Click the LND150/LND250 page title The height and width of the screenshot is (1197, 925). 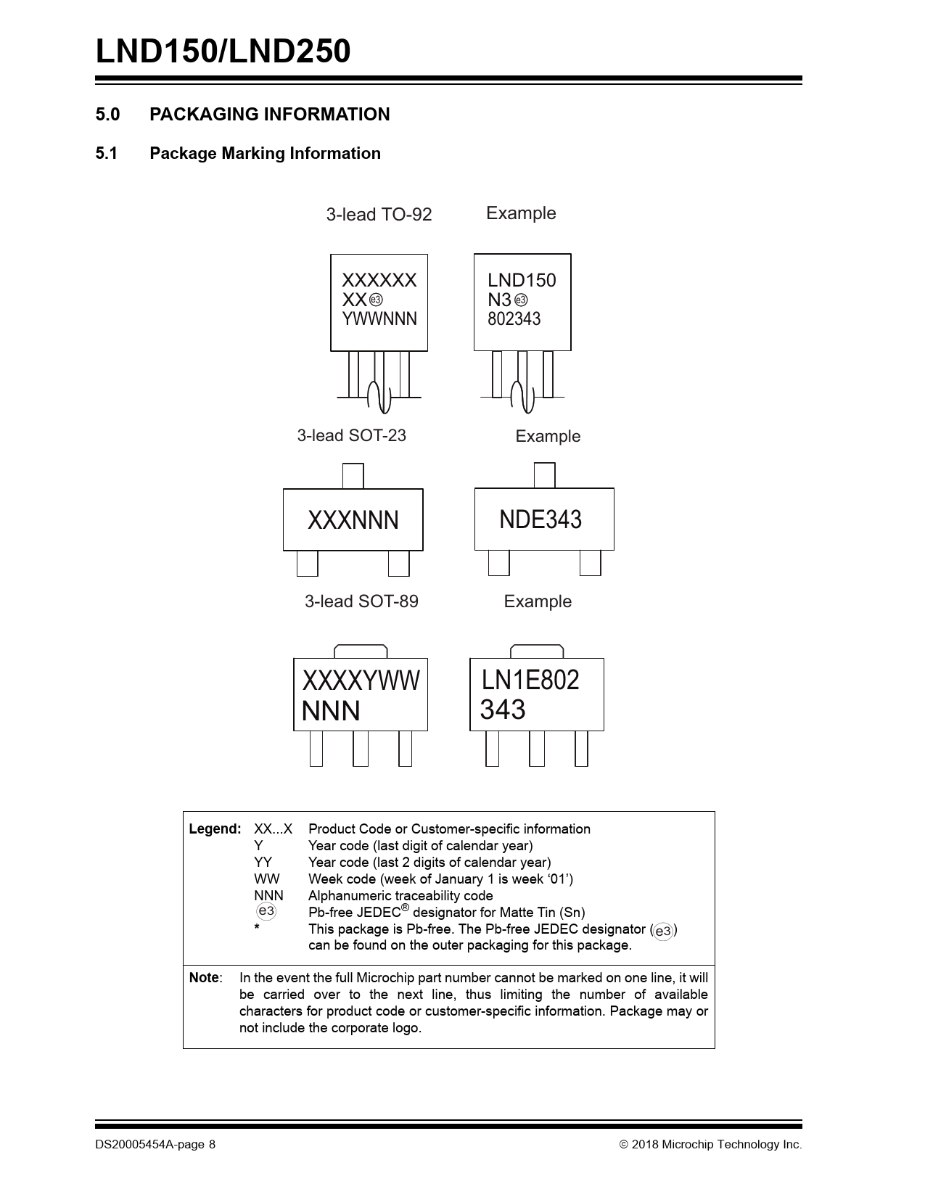click(x=223, y=52)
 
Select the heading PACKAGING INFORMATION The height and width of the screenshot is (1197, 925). click(x=269, y=115)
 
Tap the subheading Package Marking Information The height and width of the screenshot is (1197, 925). click(x=265, y=154)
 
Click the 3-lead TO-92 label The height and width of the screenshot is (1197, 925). click(x=379, y=215)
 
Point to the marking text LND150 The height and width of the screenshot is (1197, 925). click(x=522, y=281)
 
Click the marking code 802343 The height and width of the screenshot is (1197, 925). click(x=514, y=319)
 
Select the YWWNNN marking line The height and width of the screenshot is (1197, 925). click(x=379, y=319)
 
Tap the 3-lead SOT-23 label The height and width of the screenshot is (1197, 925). click(x=351, y=436)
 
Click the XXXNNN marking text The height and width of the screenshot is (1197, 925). click(x=353, y=520)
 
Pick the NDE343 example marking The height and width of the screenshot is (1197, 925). click(x=540, y=519)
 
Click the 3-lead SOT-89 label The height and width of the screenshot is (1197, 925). click(x=361, y=601)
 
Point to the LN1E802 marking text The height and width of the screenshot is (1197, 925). click(x=530, y=680)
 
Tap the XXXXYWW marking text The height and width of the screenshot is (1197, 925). click(x=361, y=680)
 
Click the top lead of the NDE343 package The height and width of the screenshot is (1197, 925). click(x=544, y=475)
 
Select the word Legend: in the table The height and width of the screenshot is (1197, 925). click(x=215, y=829)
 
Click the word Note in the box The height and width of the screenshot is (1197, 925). click(x=205, y=978)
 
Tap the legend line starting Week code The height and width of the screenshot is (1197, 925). click(x=440, y=879)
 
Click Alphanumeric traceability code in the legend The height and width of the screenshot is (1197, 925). click(x=400, y=896)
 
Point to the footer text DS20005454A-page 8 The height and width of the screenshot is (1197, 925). click(x=155, y=1145)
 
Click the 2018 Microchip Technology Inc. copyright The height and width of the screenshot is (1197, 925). click(x=711, y=1145)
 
